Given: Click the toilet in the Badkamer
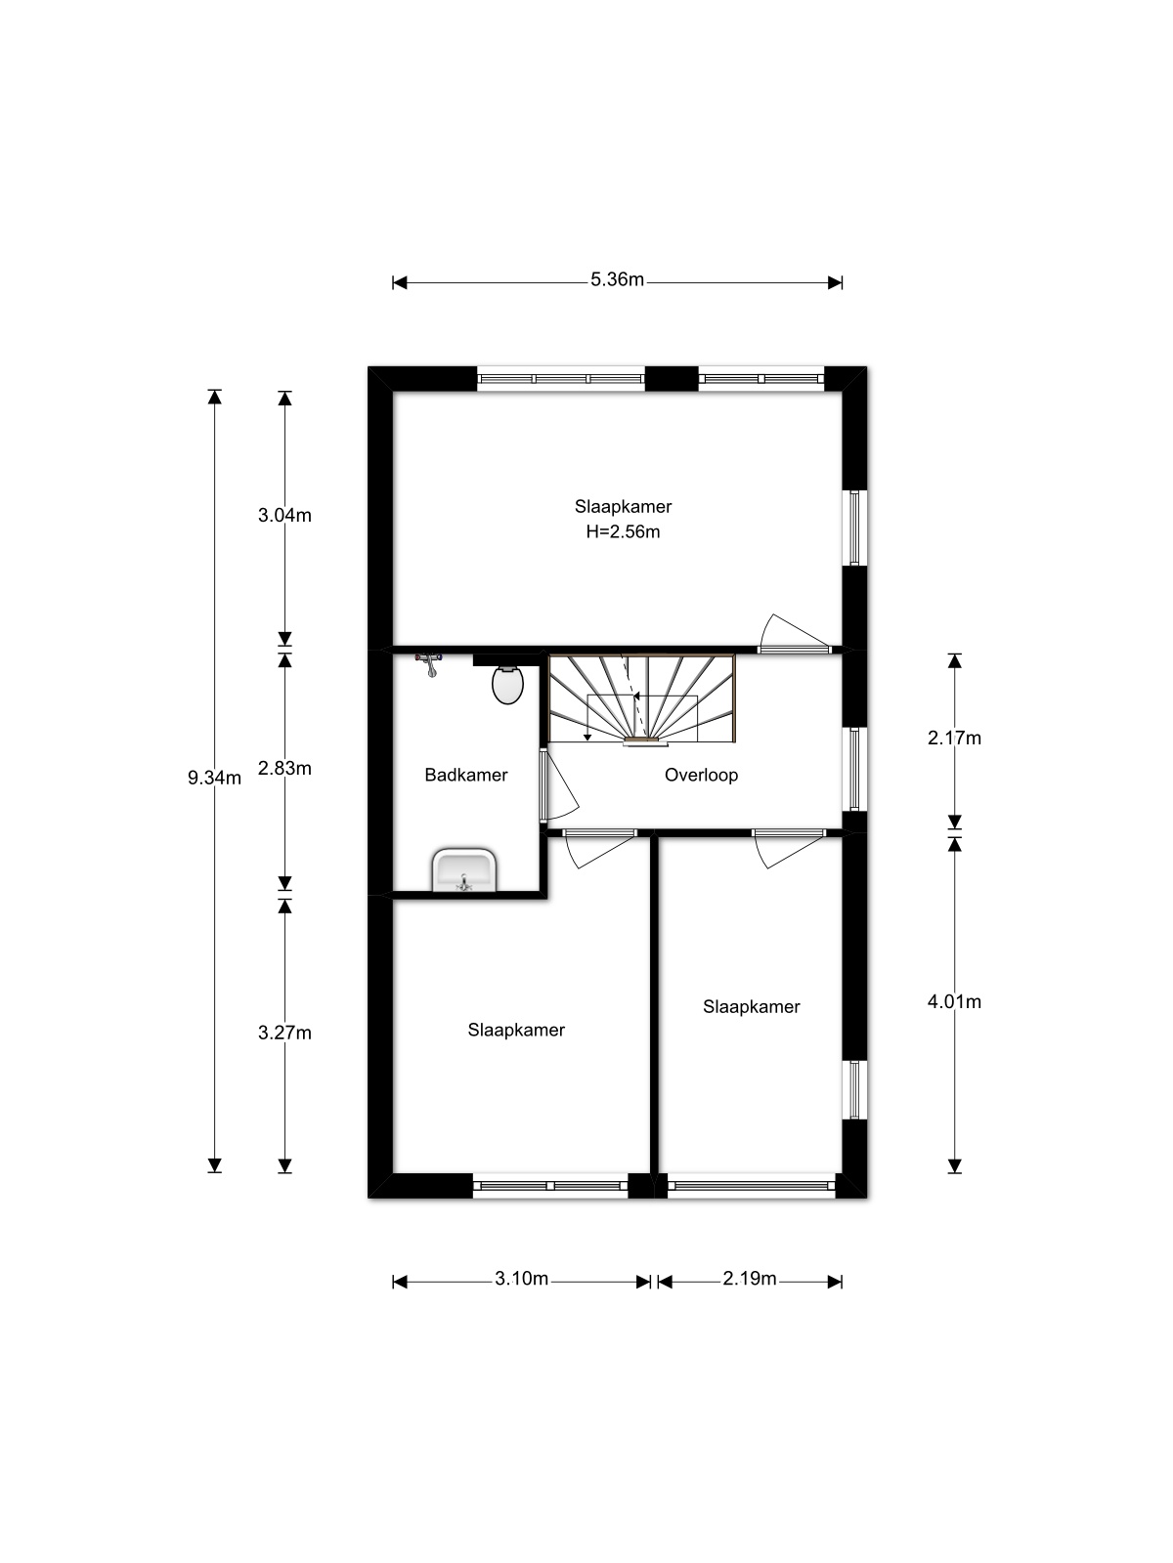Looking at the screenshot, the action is tap(507, 685).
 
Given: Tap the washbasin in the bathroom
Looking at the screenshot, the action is tap(463, 869).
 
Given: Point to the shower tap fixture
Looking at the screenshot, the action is tap(429, 663).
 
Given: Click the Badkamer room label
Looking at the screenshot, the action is tap(466, 775).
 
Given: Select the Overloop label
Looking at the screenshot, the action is tap(701, 775).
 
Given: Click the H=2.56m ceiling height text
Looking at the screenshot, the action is tap(624, 532).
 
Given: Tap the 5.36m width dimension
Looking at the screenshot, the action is tap(617, 279).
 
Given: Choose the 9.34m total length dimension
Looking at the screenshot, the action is tap(214, 779).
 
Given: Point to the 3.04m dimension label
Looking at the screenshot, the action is tap(284, 516).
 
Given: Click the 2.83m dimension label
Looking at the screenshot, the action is tap(284, 769).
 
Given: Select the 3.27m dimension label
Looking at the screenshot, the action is tap(284, 1033).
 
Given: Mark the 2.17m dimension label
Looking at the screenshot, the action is tap(954, 739).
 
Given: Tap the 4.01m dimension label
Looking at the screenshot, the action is tap(954, 1002).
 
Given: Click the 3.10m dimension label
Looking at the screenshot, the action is tap(521, 1278).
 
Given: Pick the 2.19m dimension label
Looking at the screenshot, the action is tap(749, 1278).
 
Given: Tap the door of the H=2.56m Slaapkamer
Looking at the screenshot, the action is tap(794, 632).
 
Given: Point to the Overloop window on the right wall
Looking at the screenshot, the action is tap(854, 769).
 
